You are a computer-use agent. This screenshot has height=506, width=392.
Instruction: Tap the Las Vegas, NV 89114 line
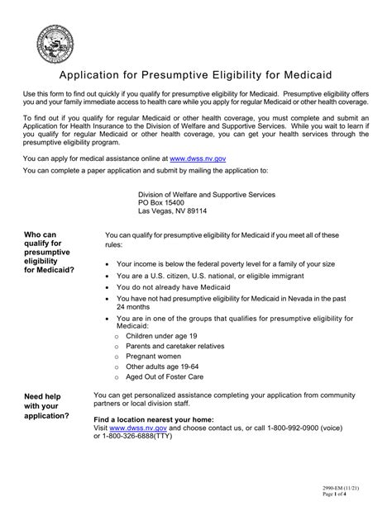(172, 210)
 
